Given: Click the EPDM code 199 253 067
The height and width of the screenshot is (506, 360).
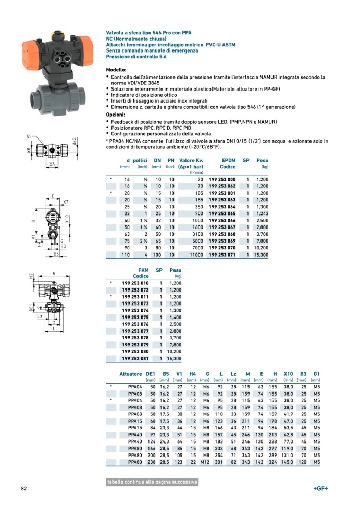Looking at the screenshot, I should [x=222, y=227].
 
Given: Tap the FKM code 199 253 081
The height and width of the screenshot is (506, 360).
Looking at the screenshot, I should [x=135, y=358].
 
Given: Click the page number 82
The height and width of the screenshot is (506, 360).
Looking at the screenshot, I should [x=24, y=488].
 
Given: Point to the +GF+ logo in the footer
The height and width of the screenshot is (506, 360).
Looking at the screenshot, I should [x=320, y=488].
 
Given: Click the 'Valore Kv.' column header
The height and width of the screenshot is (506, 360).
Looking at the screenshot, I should [x=191, y=160].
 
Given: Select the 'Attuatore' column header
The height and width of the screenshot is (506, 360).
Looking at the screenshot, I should [x=130, y=374].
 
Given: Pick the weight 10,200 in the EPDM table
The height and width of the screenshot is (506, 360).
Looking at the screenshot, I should [x=260, y=248].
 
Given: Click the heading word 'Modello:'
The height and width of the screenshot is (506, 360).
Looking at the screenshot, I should [x=116, y=70].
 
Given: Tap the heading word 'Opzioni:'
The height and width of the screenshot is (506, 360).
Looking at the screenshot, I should [x=116, y=115].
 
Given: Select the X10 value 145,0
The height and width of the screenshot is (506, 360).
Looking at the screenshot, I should [x=288, y=462].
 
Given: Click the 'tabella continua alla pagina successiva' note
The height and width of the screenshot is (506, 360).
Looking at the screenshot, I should [x=152, y=482].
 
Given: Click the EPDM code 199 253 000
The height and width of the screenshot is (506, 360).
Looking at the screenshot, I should [x=222, y=179].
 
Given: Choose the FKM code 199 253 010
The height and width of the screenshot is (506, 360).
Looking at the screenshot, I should [x=135, y=283].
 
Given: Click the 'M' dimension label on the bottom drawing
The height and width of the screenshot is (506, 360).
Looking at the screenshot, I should [x=54, y=273].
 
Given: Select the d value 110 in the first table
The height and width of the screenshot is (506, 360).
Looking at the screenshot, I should [x=126, y=255].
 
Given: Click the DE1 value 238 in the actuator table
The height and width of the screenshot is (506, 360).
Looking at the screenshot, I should [x=151, y=462].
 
